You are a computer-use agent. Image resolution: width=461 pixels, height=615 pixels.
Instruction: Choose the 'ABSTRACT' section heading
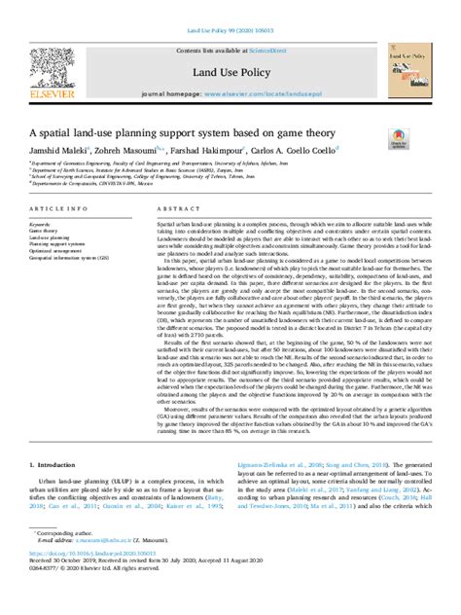click(171, 209)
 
